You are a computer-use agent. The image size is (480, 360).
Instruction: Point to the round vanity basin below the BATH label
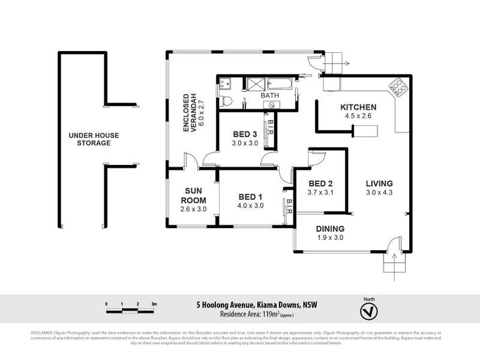(271, 104)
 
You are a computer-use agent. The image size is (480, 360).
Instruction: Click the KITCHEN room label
(358, 107)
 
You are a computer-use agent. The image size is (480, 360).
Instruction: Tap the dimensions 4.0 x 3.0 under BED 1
(251, 206)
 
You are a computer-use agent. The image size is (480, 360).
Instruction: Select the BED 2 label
(320, 184)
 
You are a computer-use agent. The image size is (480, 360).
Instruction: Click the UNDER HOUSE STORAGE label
(89, 139)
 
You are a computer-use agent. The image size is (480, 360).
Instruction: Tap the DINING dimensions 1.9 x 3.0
(330, 237)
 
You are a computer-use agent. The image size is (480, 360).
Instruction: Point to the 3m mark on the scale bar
(154, 305)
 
